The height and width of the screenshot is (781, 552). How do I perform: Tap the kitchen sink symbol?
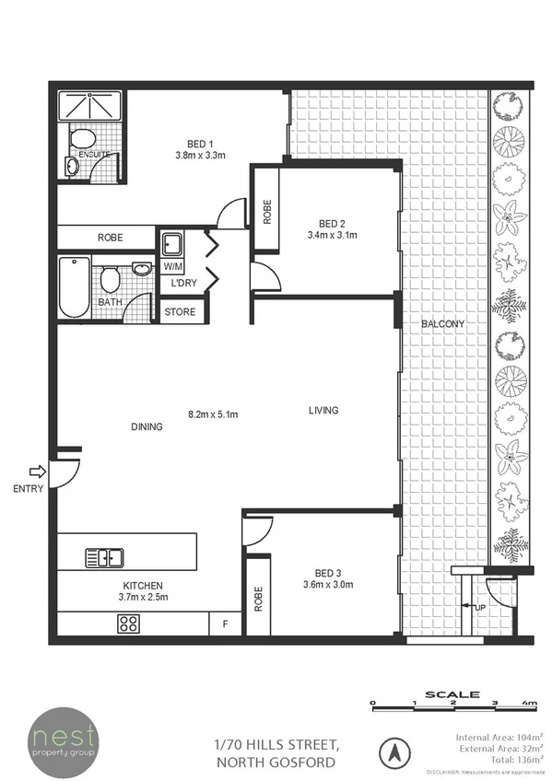coord(105,557)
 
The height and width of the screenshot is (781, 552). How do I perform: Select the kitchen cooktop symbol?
coord(128,624)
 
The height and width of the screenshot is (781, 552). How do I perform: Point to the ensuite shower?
coord(90,106)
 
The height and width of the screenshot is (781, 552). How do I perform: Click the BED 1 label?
coord(200,144)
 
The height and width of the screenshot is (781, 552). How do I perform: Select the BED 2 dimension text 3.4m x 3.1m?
coord(331,236)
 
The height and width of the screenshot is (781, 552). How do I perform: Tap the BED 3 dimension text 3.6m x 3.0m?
coord(329,584)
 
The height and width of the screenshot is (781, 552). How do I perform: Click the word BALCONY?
coord(441,324)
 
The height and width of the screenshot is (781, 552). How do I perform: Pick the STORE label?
coord(180,312)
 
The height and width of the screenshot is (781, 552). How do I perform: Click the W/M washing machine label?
coord(172,266)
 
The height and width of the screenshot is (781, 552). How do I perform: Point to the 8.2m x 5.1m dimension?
coord(213,415)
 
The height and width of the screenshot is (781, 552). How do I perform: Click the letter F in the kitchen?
coord(224,624)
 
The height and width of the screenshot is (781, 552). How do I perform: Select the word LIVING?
coord(323,410)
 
